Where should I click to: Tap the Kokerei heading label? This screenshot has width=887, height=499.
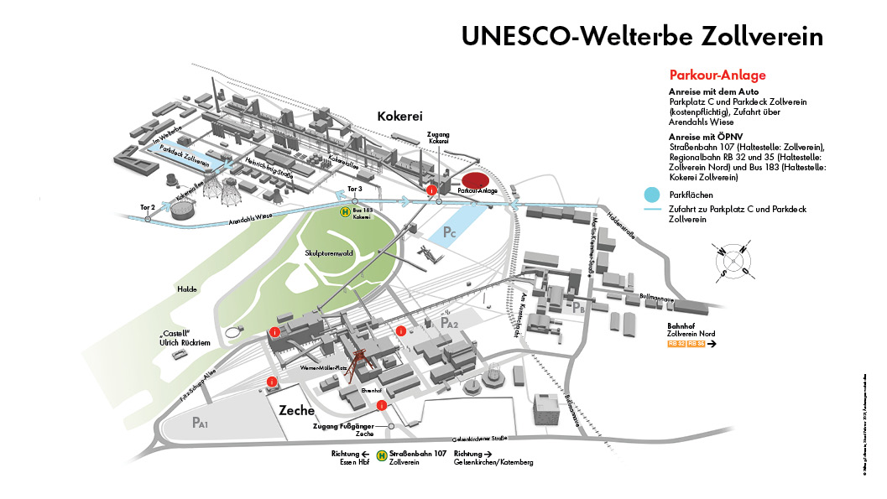[399, 116]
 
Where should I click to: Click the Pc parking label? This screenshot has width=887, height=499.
[450, 231]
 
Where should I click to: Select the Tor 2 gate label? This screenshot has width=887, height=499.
[148, 206]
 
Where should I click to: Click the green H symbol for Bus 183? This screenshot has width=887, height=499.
[344, 212]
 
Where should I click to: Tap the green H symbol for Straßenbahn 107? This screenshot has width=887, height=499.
[382, 457]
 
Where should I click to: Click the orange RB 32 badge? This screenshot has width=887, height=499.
[676, 344]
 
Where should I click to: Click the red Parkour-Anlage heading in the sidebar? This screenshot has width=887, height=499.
[717, 75]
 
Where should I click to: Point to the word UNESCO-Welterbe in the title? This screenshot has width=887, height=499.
[567, 37]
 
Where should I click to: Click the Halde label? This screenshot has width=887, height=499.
[186, 289]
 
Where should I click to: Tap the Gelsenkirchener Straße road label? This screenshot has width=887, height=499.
[479, 438]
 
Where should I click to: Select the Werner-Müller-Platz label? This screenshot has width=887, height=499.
[323, 367]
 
